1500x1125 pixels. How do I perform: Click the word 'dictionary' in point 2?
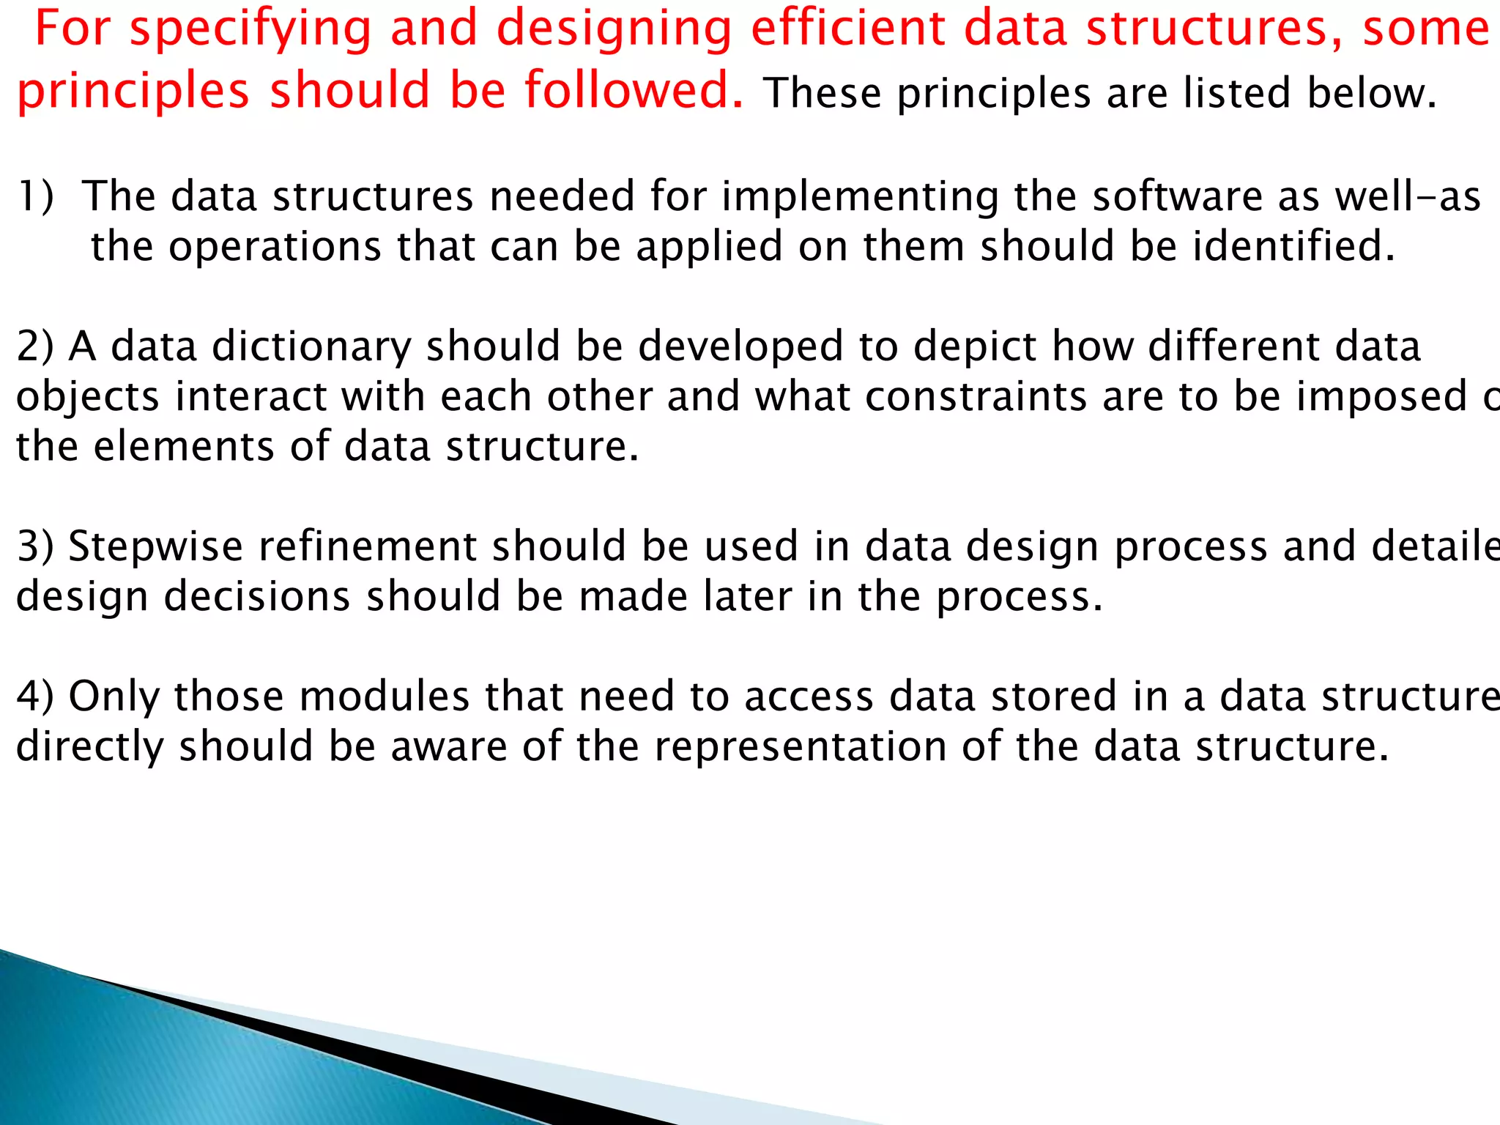pyautogui.click(x=311, y=347)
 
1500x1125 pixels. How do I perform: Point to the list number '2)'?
pyautogui.click(x=35, y=347)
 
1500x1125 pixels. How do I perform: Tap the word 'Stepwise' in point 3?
pyautogui.click(x=155, y=547)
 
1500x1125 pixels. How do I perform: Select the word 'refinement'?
pyautogui.click(x=367, y=547)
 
